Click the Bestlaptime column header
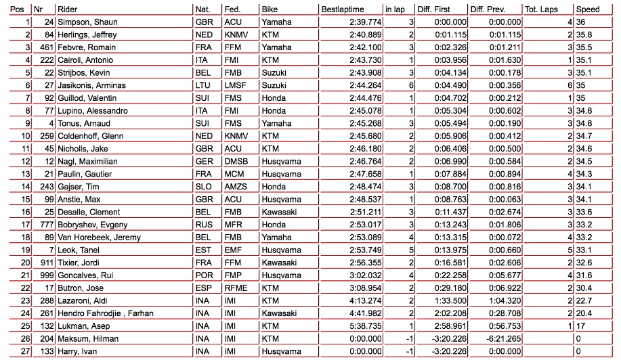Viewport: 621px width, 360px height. tap(343, 9)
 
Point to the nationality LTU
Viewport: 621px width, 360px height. tap(202, 85)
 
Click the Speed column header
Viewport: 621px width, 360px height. tap(587, 9)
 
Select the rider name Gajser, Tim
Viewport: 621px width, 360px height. tap(76, 187)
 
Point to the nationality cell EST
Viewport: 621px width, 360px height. tap(202, 250)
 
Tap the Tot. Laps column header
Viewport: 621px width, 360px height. tap(541, 9)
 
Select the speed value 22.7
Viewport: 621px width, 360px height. tap(583, 300)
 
